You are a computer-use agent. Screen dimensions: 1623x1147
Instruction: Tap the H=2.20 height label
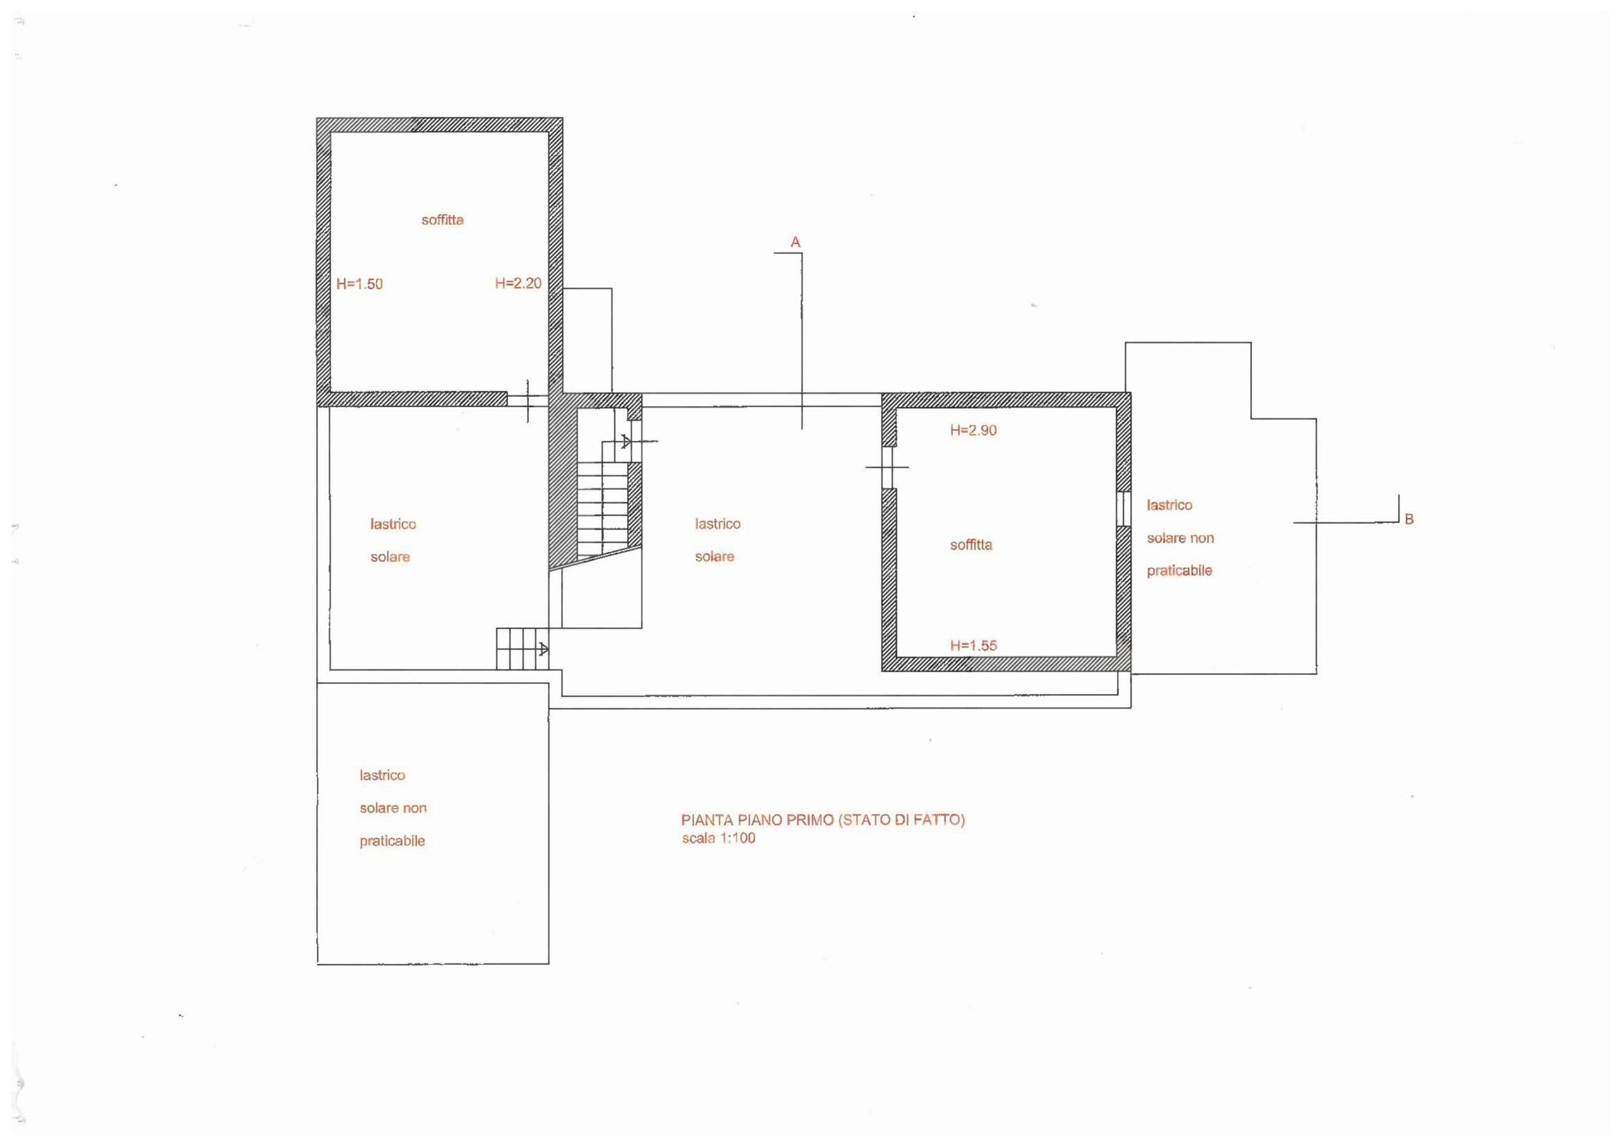pyautogui.click(x=518, y=283)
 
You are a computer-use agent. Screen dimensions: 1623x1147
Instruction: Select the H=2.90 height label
pyautogui.click(x=973, y=430)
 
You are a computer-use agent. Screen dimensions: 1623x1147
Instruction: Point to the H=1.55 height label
pyautogui.click(x=973, y=645)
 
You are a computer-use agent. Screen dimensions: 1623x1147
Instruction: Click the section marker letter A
pyautogui.click(x=795, y=243)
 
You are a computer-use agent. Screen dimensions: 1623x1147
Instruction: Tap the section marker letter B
pyautogui.click(x=1409, y=520)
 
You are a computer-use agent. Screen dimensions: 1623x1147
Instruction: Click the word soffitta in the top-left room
pyautogui.click(x=443, y=220)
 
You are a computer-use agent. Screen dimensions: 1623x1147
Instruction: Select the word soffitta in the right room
pyautogui.click(x=971, y=545)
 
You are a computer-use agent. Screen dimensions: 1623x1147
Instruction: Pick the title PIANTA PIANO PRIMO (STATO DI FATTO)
pyautogui.click(x=823, y=820)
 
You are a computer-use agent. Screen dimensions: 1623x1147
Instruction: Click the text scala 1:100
pyautogui.click(x=718, y=838)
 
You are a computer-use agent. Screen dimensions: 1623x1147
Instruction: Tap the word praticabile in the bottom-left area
pyautogui.click(x=392, y=841)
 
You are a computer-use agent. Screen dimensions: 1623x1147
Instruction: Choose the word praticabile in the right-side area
pyautogui.click(x=1179, y=570)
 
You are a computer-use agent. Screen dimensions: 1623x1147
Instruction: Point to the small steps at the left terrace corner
pyautogui.click(x=522, y=649)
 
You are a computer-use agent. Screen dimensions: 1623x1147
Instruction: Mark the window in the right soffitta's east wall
pyautogui.click(x=1123, y=509)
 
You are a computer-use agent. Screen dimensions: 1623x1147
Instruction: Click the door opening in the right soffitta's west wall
pyautogui.click(x=889, y=468)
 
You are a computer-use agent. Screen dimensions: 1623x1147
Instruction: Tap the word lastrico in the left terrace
pyautogui.click(x=393, y=524)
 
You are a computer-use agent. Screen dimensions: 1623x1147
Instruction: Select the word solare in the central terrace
pyautogui.click(x=715, y=557)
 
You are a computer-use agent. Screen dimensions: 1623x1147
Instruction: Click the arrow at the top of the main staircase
pyautogui.click(x=626, y=442)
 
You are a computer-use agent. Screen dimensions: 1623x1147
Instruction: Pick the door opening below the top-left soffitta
pyautogui.click(x=528, y=400)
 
